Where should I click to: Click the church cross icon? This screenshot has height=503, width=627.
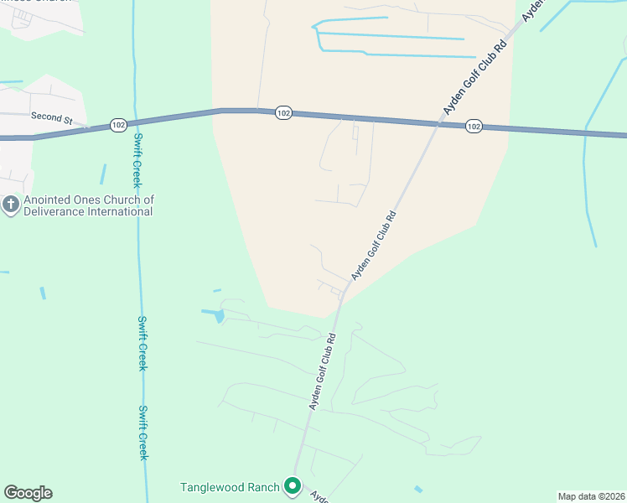10,205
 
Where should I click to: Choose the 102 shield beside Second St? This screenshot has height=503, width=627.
118,125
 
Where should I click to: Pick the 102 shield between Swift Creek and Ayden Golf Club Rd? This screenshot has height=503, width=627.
283,113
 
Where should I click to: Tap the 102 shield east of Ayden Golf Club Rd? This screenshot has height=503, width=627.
474,126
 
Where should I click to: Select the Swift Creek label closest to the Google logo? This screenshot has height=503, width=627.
142,433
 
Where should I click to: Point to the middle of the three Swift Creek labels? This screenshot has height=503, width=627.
142,344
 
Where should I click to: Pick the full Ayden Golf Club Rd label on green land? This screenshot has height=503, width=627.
324,371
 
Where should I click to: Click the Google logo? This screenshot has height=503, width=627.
28,493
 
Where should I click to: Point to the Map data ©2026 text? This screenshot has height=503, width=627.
591,496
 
